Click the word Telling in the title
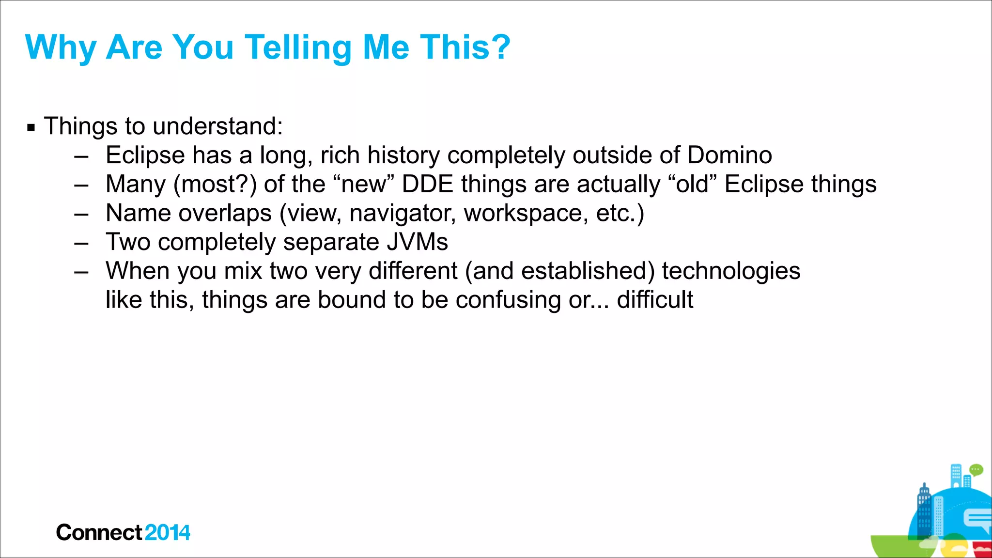click(298, 47)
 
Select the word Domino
click(729, 155)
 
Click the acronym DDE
click(428, 185)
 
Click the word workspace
click(526, 214)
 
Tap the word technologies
click(731, 271)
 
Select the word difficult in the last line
click(655, 300)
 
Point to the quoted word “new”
click(364, 185)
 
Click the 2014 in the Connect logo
click(167, 533)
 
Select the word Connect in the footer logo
click(99, 533)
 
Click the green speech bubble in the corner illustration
click(976, 469)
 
